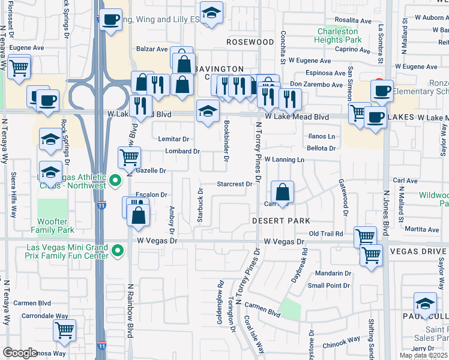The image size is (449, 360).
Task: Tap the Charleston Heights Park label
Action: click(x=337, y=35)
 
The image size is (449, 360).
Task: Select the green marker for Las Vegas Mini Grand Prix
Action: click(x=118, y=251)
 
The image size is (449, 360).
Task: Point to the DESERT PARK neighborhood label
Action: click(x=280, y=221)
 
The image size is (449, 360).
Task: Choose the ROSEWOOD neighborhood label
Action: click(x=250, y=42)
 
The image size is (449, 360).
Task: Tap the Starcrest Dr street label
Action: click(x=234, y=184)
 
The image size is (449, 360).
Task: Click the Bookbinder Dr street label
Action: click(x=226, y=141)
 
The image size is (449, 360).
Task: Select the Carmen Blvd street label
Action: click(x=262, y=309)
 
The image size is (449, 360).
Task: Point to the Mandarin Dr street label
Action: click(x=333, y=273)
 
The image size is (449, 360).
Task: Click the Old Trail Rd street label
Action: click(x=325, y=233)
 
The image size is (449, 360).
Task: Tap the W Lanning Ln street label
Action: click(x=285, y=160)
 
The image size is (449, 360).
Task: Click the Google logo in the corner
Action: click(x=20, y=353)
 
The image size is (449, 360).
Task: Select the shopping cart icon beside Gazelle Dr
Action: click(x=129, y=158)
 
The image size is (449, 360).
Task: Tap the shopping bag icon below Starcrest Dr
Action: click(x=282, y=193)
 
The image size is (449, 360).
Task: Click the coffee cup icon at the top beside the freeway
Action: click(x=110, y=19)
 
